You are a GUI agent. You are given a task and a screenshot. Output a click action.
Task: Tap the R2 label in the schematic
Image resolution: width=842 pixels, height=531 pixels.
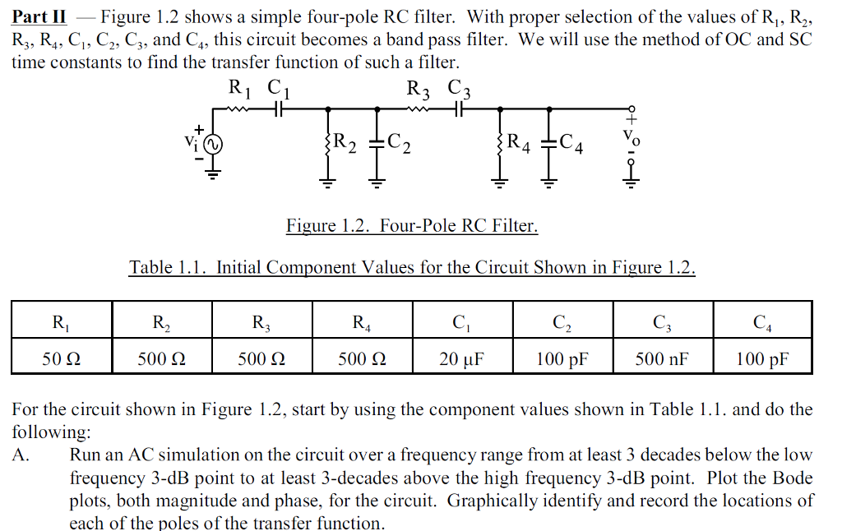pos(345,142)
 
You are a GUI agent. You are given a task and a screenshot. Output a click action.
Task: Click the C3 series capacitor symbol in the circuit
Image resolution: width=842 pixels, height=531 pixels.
pos(458,108)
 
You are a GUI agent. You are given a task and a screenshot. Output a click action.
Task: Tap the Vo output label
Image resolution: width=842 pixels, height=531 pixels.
pos(631,136)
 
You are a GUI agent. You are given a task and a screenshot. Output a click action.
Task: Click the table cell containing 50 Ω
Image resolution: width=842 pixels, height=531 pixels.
pos(61,359)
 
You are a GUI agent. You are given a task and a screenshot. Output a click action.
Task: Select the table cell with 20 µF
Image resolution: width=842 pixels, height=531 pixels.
pos(461,359)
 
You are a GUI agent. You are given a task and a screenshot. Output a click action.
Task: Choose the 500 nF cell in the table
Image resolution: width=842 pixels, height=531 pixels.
pos(661,359)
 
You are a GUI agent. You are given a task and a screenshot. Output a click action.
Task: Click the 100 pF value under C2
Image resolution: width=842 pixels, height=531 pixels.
pos(562,359)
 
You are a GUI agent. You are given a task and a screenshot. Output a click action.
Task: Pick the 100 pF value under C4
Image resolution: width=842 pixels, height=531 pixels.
pos(761,359)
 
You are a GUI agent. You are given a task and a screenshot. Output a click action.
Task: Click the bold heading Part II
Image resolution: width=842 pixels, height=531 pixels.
pos(39,16)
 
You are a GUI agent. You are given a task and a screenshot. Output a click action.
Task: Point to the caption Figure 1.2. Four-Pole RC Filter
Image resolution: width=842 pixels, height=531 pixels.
pos(412,225)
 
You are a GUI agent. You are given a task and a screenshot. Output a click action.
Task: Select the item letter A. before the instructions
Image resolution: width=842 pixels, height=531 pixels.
pos(21,455)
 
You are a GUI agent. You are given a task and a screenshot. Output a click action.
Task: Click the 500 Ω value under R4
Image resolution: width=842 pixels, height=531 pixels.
pos(361,359)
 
